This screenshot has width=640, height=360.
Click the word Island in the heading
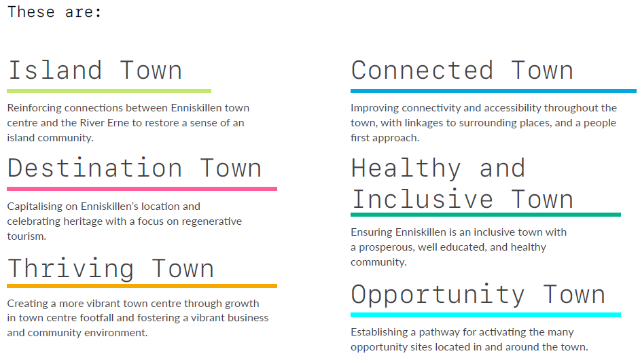[x=55, y=70]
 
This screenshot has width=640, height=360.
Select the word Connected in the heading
[x=423, y=70]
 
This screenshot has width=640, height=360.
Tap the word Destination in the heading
[x=94, y=168]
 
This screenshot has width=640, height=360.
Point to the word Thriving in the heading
[x=71, y=268]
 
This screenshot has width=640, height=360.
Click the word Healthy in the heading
[x=406, y=169]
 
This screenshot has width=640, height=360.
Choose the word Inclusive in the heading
[x=423, y=199]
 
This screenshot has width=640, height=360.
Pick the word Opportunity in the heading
[x=438, y=295]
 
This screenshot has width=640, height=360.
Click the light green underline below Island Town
[x=109, y=91]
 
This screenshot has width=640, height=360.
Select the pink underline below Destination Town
[x=142, y=189]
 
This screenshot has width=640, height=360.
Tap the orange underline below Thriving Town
[x=142, y=286]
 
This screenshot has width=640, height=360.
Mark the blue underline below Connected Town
[x=493, y=91]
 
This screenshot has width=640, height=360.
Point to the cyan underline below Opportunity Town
[x=486, y=315]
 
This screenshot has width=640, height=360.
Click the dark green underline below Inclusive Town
[x=486, y=215]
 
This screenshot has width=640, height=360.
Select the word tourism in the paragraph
[x=25, y=236]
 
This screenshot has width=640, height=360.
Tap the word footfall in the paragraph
[x=96, y=318]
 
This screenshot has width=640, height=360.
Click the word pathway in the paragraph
[x=439, y=332]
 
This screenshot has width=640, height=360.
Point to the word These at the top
[x=31, y=12]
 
